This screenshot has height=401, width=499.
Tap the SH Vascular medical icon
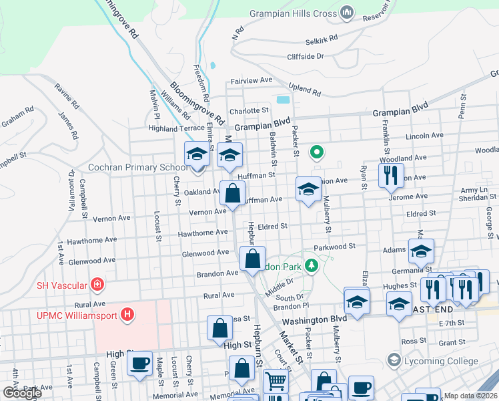[x=97, y=285]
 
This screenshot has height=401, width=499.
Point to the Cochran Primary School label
[x=138, y=168]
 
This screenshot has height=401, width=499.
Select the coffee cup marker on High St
[x=139, y=364]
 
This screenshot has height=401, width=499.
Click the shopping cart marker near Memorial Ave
[x=275, y=382]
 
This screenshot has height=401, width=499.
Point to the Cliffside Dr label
[x=305, y=57]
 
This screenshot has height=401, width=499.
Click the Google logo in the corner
[x=22, y=393]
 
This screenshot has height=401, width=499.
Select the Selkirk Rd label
[x=322, y=41]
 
